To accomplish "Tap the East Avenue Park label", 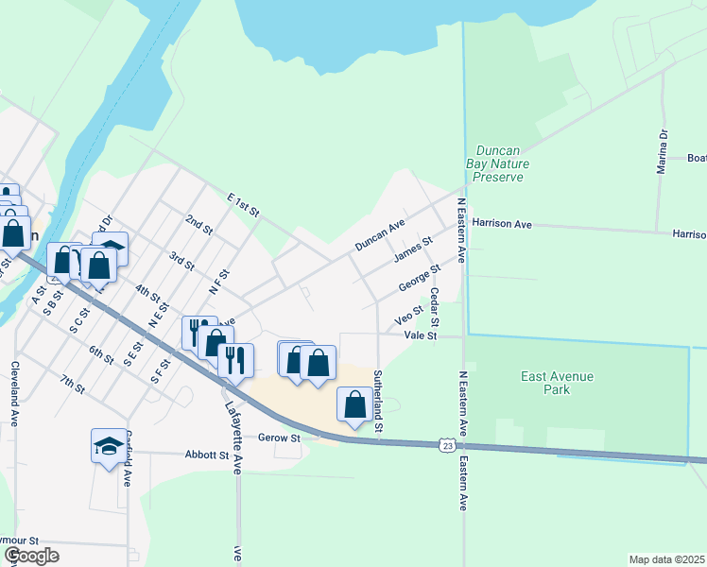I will [558, 383].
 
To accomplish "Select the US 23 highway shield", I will [448, 444].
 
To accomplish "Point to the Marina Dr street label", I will [663, 152].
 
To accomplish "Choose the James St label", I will [413, 252].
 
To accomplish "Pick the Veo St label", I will [408, 313].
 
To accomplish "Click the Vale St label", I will [421, 335].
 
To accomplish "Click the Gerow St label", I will [281, 438].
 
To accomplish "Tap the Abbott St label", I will [211, 455].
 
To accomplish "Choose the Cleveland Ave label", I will [15, 393].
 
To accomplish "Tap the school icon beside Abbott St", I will [109, 446].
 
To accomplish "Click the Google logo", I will [31, 556].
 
